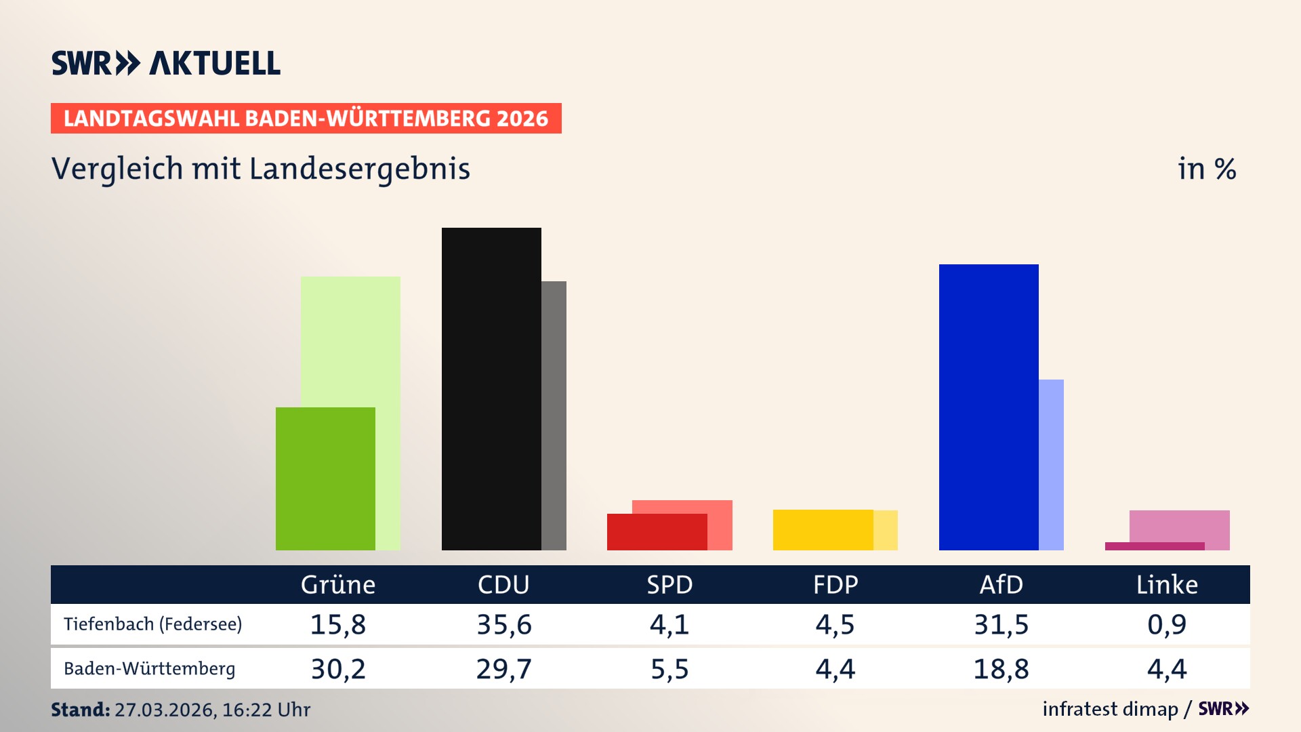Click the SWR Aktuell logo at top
[166, 63]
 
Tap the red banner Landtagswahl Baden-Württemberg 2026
[306, 119]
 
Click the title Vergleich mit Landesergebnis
[260, 169]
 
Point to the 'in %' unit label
[1206, 169]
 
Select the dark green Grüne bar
[325, 479]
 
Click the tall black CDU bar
[491, 388]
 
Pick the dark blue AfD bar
[989, 407]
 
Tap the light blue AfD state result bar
[1051, 464]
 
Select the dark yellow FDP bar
[823, 529]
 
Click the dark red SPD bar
[657, 532]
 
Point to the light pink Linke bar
[1179, 525]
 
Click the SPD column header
[669, 584]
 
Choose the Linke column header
[1167, 584]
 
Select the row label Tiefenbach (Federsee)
[152, 624]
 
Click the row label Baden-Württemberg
[150, 669]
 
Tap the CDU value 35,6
[504, 624]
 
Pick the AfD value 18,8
[1001, 669]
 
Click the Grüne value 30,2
[338, 669]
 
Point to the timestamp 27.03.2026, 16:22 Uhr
[212, 710]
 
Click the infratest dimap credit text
[1110, 709]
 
